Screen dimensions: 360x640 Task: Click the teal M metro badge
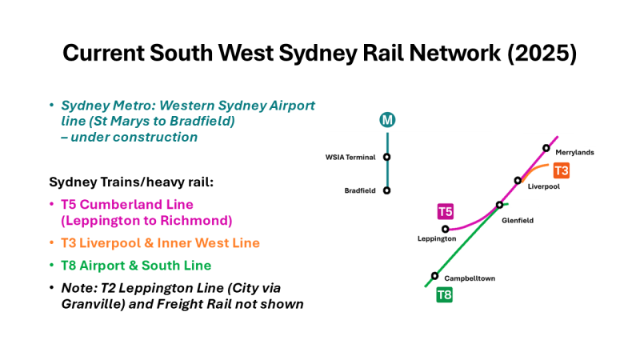[x=387, y=121]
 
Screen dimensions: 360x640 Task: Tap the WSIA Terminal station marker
[x=387, y=157]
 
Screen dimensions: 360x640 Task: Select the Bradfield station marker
[x=387, y=190]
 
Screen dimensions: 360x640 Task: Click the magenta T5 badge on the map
[x=446, y=211]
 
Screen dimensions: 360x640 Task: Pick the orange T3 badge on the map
[x=562, y=170]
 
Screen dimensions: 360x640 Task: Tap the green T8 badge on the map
[x=444, y=295]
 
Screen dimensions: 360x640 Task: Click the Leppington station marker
[x=446, y=229]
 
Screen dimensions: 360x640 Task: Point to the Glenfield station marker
[x=500, y=205]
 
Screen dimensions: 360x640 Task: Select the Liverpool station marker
[x=518, y=181]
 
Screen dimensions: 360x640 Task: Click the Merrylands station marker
[x=546, y=148]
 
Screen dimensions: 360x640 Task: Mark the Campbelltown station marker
[x=434, y=276]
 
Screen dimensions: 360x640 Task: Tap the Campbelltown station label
[x=468, y=278]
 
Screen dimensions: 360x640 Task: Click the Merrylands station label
[x=574, y=152]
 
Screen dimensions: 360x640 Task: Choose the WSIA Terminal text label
[x=350, y=157]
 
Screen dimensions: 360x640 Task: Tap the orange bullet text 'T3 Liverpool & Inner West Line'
[x=160, y=242]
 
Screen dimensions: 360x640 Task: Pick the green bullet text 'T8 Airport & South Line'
[x=136, y=265]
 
